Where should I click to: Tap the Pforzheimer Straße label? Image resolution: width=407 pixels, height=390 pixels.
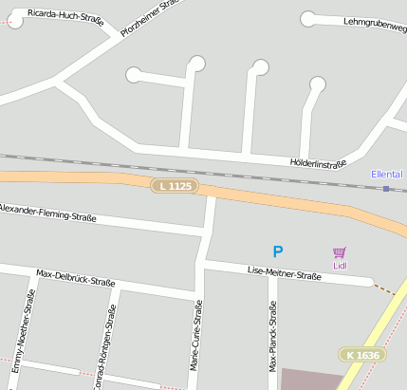coord(150,16)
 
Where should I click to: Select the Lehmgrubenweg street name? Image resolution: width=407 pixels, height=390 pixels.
coord(374,20)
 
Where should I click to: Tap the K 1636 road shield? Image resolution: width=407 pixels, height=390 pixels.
coord(362,355)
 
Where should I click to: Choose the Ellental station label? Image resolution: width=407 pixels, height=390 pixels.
coord(386,175)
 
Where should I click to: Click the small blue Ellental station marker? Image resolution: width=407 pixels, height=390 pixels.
coord(386,189)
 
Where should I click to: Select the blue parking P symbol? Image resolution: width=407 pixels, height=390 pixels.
coord(278,251)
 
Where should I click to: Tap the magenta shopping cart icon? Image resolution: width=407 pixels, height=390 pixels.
coord(340,252)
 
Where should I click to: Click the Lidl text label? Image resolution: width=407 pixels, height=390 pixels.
coord(340,266)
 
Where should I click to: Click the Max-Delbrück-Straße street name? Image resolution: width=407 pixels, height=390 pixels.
coord(75,278)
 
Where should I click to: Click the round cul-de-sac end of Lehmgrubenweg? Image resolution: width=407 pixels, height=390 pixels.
coord(307,19)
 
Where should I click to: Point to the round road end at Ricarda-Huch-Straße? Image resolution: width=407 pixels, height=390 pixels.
coord(14,21)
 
